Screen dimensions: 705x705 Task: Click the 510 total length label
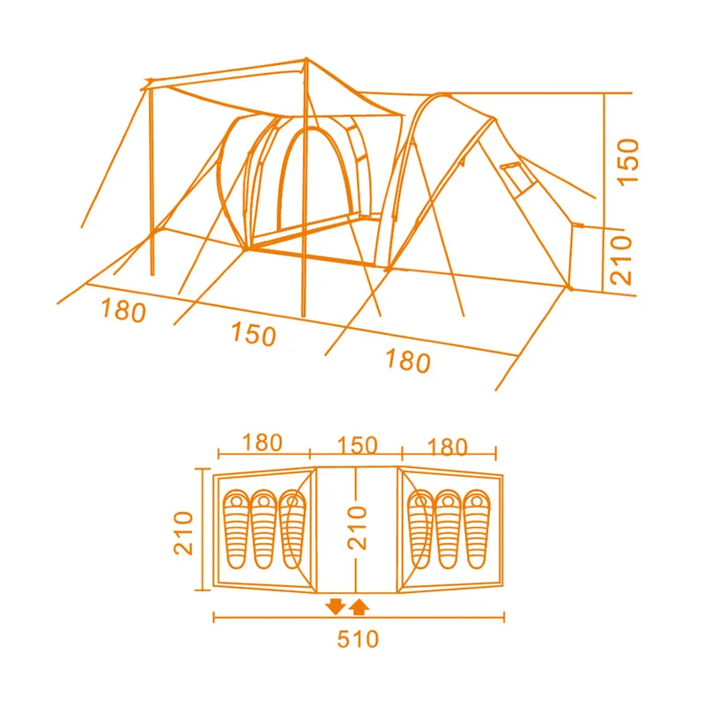click(358, 639)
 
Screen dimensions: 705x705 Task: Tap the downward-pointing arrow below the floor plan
click(336, 606)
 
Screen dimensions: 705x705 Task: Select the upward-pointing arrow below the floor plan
click(359, 606)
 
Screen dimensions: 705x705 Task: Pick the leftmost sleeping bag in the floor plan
click(236, 530)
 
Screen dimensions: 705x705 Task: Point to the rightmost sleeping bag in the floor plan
click(477, 530)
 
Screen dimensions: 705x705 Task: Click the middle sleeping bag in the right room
click(449, 530)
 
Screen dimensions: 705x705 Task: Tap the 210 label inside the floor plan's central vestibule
click(358, 528)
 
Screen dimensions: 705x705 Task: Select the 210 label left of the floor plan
click(183, 533)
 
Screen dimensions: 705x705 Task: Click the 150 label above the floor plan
click(357, 445)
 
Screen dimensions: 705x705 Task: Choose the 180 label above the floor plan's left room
click(262, 443)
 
